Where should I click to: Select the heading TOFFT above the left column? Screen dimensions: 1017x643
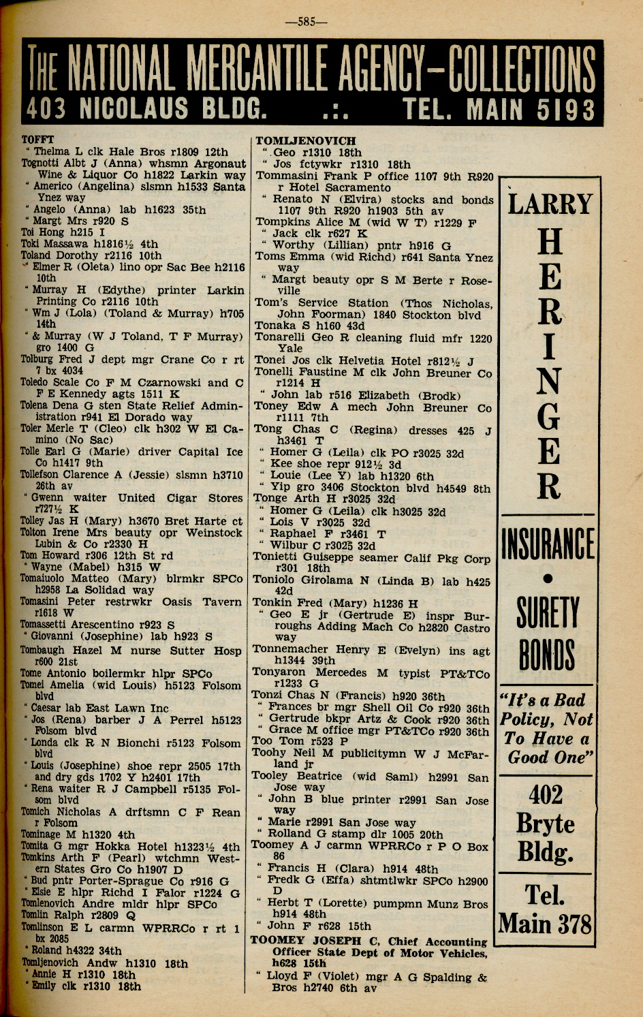(x=37, y=140)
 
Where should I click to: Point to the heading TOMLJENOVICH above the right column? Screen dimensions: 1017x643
(x=305, y=140)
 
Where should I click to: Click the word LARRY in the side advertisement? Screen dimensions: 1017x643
(x=550, y=204)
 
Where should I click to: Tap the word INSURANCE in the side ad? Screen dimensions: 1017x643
(x=548, y=544)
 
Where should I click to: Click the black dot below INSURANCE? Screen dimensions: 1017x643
(x=548, y=579)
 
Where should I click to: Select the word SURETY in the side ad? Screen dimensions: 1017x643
(x=548, y=612)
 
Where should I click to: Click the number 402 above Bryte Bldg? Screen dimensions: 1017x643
(x=546, y=794)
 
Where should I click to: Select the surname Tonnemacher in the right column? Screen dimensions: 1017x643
(x=290, y=650)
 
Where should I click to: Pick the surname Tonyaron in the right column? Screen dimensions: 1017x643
(x=279, y=673)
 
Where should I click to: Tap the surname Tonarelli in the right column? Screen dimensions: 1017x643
(x=281, y=338)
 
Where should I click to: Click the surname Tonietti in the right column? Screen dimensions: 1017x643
(x=277, y=558)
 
